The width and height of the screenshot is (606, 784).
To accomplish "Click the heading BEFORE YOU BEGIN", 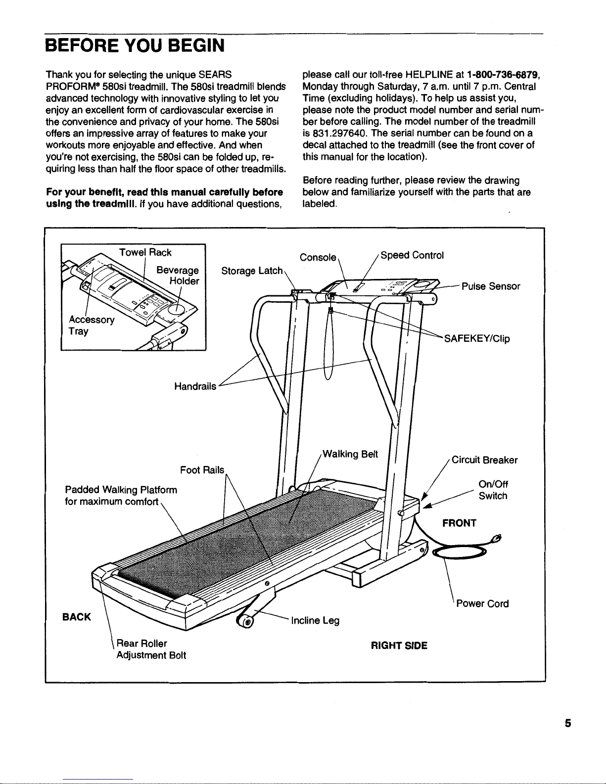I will click(135, 46).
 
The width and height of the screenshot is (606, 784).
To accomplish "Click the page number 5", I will click(568, 723).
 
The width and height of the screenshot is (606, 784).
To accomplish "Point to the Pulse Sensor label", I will click(490, 286).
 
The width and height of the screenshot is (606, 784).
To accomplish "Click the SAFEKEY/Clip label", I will click(476, 339).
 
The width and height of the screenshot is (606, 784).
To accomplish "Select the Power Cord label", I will click(482, 603).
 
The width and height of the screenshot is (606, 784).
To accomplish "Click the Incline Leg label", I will click(315, 620).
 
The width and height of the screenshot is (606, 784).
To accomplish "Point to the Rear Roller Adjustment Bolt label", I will click(151, 649).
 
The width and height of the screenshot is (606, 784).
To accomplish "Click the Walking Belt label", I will click(350, 454).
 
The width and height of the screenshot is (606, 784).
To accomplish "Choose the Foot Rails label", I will click(202, 469).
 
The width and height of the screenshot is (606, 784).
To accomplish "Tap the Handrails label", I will click(195, 386).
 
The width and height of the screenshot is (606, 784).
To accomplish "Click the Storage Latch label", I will click(252, 271).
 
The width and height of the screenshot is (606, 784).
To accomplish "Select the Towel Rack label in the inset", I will click(145, 252).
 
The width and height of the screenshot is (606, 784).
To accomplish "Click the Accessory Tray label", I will click(91, 325).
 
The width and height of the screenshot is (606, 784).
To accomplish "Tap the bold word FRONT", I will click(459, 523).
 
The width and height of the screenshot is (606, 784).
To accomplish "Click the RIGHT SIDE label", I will click(399, 646).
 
